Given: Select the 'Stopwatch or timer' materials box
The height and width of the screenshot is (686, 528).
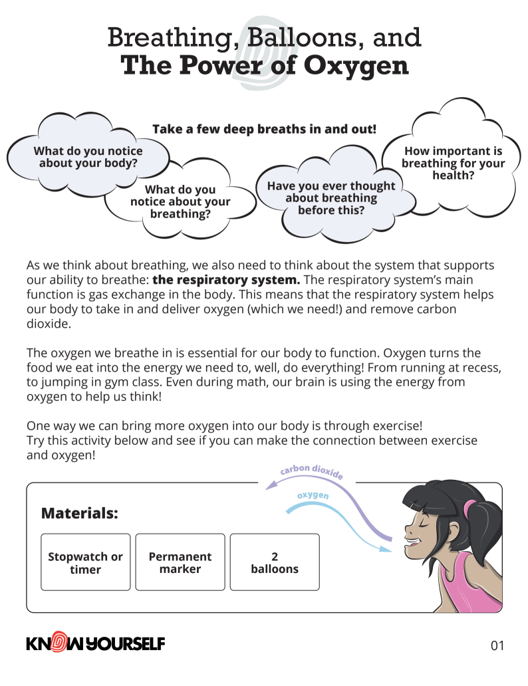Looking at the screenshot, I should click(86, 562).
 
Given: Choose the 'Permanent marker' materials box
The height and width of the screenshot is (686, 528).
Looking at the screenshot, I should click(180, 562).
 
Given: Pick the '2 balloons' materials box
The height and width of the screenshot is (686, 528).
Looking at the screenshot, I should click(275, 562).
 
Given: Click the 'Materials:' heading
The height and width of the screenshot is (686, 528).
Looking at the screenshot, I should click(80, 513).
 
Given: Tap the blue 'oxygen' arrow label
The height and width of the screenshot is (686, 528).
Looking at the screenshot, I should click(313, 496).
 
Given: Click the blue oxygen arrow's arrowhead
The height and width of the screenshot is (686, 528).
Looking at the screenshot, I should click(385, 549).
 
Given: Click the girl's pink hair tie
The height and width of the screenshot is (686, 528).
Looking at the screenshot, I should click(471, 511).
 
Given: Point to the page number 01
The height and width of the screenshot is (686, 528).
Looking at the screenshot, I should click(497, 645).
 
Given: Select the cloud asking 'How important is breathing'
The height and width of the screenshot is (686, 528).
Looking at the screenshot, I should click(453, 164).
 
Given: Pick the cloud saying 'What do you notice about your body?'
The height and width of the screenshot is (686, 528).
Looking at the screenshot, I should click(88, 157).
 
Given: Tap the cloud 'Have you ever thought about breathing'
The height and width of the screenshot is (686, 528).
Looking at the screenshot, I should click(330, 198).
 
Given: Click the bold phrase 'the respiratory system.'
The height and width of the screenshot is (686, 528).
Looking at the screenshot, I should click(226, 279).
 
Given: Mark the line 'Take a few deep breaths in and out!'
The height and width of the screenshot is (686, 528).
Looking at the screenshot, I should click(264, 129).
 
